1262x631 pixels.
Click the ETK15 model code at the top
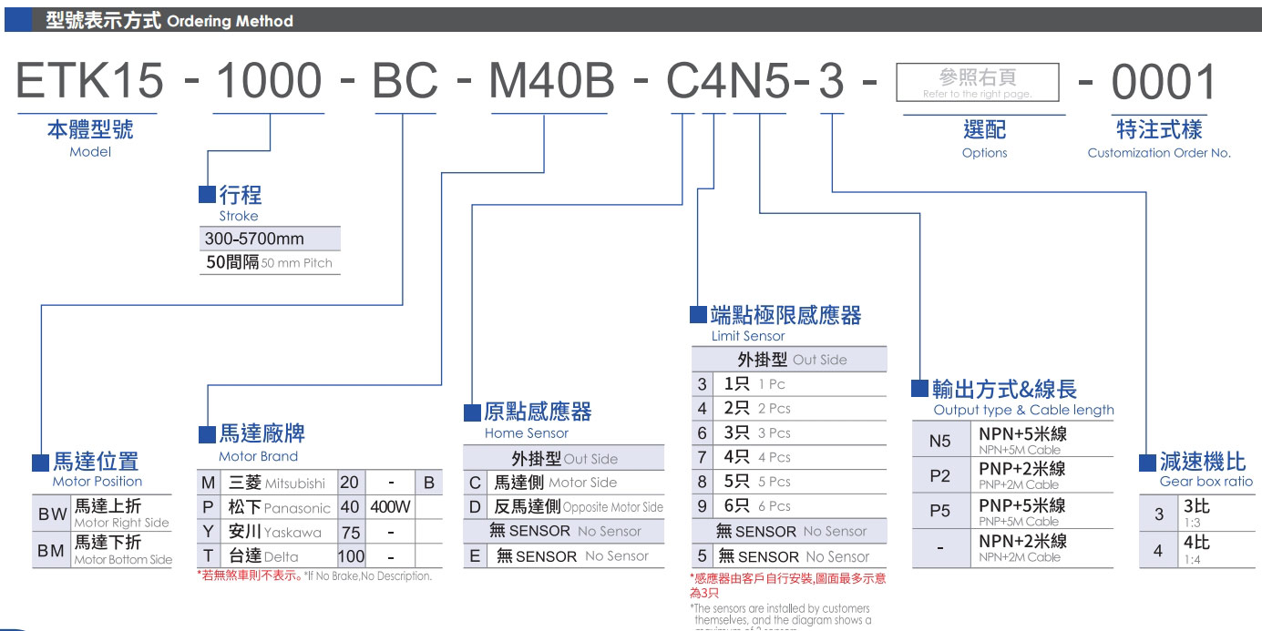click(89, 82)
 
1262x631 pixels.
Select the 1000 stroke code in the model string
click(268, 82)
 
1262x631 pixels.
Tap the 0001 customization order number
click(1164, 82)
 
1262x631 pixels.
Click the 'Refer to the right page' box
click(978, 82)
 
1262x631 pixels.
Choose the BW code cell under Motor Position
click(52, 514)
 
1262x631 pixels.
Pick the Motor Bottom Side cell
click(122, 552)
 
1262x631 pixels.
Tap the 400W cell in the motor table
click(390, 507)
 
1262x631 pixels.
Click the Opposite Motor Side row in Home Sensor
click(578, 507)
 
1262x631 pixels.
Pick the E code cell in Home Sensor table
click(475, 556)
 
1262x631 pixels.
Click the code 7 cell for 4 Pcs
click(703, 457)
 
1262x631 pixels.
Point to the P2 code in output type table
click(939, 475)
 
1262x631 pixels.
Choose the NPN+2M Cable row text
click(1020, 548)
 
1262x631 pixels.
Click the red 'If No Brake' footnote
click(314, 575)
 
